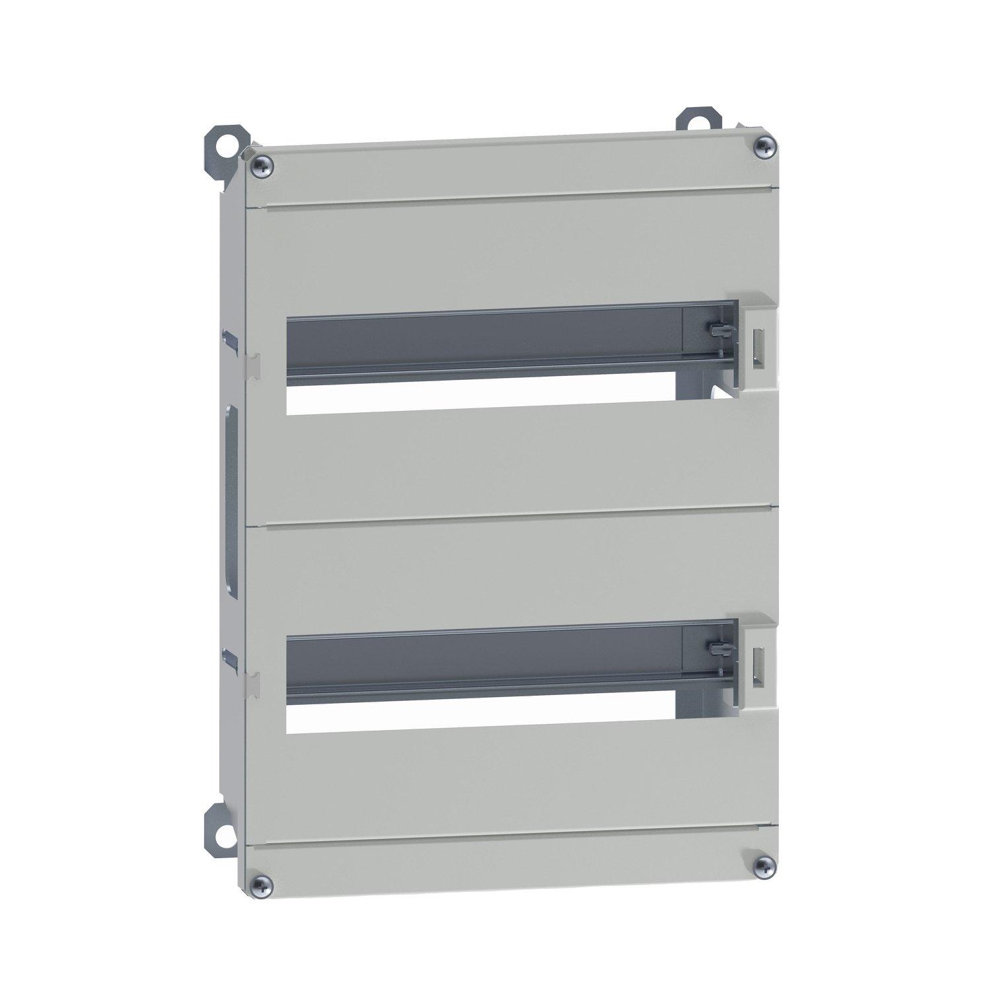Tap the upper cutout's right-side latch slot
tap(756, 345)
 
